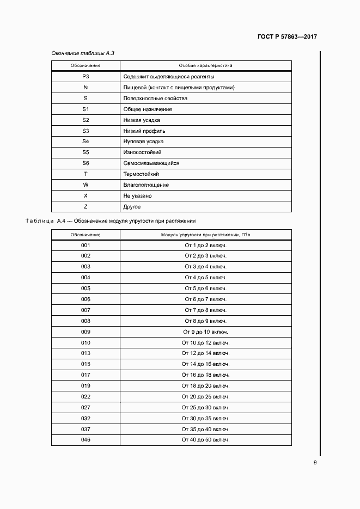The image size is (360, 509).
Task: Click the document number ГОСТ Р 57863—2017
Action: [x=287, y=37]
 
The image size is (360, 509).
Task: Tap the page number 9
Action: [x=315, y=463]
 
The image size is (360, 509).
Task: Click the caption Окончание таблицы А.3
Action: [x=82, y=53]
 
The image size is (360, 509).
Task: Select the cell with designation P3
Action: [x=86, y=77]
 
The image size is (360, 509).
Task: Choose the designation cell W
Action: [x=86, y=185]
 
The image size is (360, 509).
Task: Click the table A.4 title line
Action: [x=111, y=221]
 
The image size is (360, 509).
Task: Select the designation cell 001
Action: [x=86, y=246]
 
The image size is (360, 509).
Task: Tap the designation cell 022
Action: [x=86, y=396]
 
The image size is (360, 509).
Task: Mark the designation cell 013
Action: [x=86, y=353]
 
